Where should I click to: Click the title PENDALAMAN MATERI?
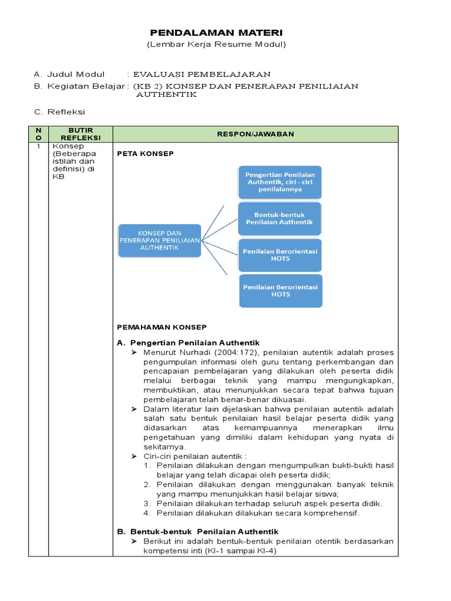pyautogui.click(x=216, y=33)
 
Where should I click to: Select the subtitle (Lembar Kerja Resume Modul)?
pyautogui.click(x=216, y=45)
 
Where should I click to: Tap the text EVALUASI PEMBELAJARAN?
pyautogui.click(x=202, y=75)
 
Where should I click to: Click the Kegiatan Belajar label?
pyautogui.click(x=85, y=86)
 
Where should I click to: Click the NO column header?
pyautogui.click(x=38, y=134)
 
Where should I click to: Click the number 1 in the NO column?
pyautogui.click(x=38, y=146)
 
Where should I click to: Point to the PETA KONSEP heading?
pyautogui.click(x=146, y=154)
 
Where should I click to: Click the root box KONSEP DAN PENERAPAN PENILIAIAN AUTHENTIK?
pyautogui.click(x=159, y=240)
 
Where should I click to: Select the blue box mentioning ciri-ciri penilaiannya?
pyautogui.click(x=280, y=182)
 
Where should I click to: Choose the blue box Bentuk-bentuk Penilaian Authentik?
pyautogui.click(x=280, y=218)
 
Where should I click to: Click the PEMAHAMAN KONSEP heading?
pyautogui.click(x=161, y=327)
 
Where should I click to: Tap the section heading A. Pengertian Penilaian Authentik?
pyautogui.click(x=189, y=342)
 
